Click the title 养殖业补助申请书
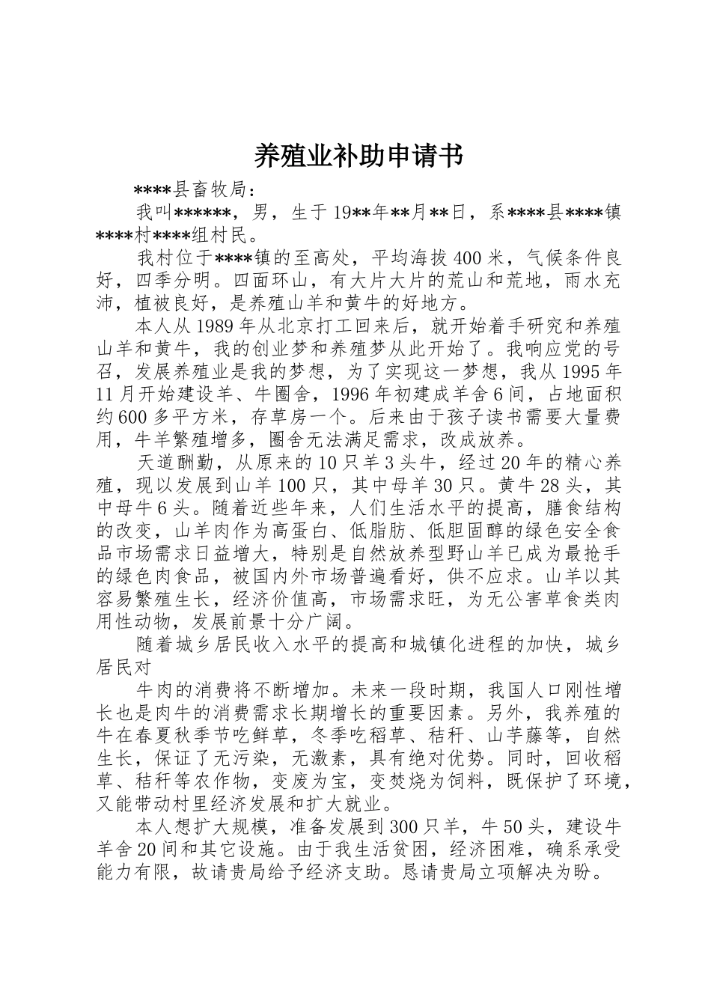(358, 156)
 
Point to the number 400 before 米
(469, 259)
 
